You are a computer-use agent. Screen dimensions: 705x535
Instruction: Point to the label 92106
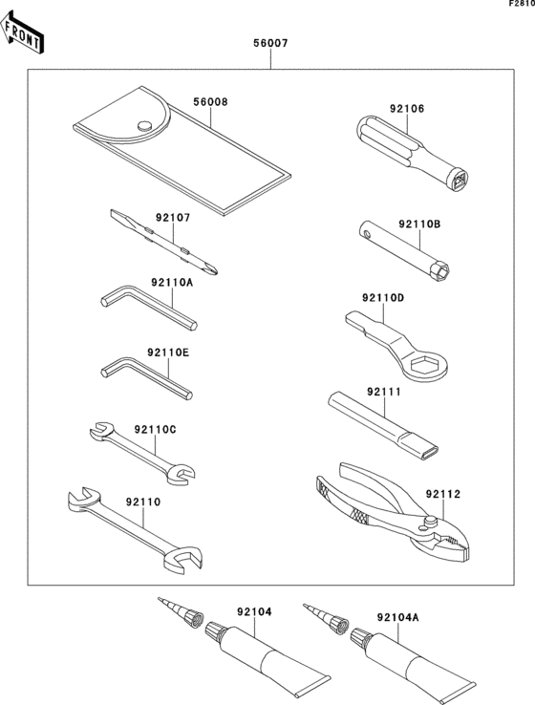tap(407, 109)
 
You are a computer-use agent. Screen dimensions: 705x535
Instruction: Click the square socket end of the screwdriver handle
tap(462, 179)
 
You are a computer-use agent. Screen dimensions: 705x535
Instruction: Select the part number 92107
tap(173, 217)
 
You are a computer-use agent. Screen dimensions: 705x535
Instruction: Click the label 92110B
tap(419, 225)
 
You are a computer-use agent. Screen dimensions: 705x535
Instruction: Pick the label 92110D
tap(383, 298)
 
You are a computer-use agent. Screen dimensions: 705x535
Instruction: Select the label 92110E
tap(169, 352)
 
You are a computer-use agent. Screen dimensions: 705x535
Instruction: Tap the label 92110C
tap(155, 429)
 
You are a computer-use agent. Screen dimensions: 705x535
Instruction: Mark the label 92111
tap(382, 392)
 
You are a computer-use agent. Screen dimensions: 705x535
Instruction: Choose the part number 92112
tap(444, 494)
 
